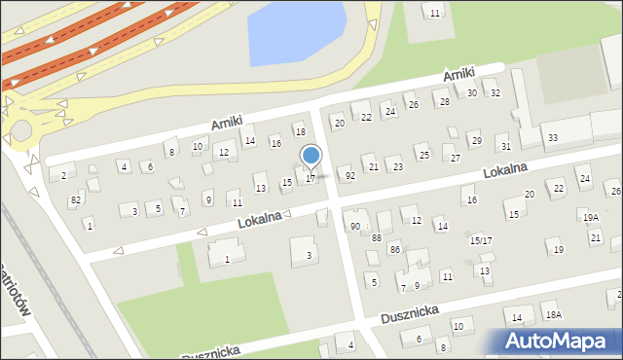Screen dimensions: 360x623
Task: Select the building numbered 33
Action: (553, 138)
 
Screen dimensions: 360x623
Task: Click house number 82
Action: (76, 199)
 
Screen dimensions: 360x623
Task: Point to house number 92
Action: (349, 176)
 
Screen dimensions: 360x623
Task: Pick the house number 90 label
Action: (354, 226)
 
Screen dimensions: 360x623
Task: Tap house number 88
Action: (377, 237)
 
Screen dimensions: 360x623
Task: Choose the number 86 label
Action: (394, 249)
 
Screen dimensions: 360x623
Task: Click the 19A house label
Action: (590, 217)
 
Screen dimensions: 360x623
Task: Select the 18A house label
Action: (553, 315)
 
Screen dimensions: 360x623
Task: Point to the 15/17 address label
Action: (481, 240)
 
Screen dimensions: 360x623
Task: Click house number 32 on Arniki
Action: (495, 93)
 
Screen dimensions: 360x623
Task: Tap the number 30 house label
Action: (472, 93)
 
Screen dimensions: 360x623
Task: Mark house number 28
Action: (444, 101)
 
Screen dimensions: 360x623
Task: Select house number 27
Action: (455, 158)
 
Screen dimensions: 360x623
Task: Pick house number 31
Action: (504, 146)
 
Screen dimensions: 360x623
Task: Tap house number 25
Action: (422, 154)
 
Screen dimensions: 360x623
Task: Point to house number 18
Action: (300, 131)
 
